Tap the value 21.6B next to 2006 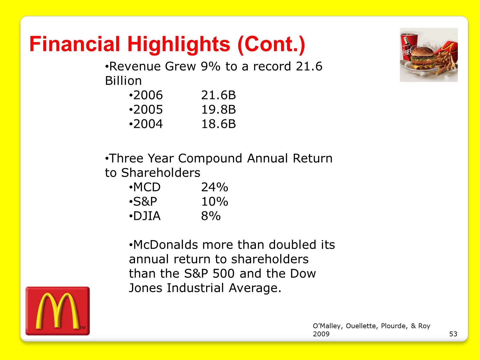point(218,95)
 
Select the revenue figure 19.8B point(218,110)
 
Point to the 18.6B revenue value point(218,124)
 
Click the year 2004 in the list point(148,124)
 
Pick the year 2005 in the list point(148,110)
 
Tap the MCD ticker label point(147,187)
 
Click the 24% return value point(214,187)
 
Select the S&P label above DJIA point(145,202)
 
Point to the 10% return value point(214,202)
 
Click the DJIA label point(147,216)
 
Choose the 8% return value point(211,216)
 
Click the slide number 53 point(453,334)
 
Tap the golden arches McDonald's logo point(58,311)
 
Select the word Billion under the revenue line point(123,81)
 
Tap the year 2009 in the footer point(321,334)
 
